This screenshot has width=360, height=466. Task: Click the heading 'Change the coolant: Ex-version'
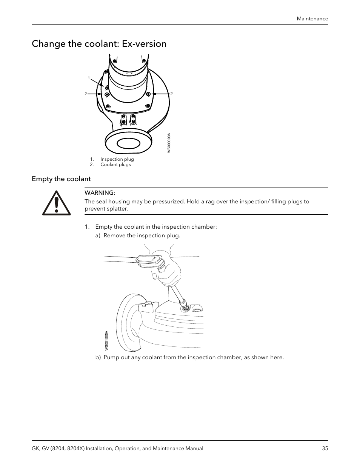99,44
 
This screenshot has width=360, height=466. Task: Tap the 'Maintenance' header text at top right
312,18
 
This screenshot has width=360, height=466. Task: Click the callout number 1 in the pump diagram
89,78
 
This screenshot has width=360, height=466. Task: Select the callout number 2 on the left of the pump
86,94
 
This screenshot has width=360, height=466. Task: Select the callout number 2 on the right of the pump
171,94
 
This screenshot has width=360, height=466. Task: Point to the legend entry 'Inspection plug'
117,159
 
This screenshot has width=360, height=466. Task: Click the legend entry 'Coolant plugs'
115,165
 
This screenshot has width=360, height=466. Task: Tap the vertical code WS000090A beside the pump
169,143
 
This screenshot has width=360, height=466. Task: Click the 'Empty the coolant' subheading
61,178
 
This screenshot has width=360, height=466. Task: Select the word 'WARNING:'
100,193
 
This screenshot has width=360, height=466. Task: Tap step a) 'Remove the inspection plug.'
142,235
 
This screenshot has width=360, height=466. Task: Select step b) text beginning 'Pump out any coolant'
193,357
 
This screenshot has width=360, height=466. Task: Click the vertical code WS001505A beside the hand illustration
107,340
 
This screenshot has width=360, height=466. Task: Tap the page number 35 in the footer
325,448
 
